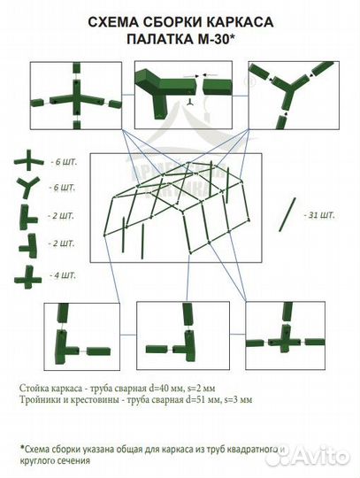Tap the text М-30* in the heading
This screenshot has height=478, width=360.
click(x=220, y=40)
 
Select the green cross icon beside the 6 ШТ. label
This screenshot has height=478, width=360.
click(x=27, y=160)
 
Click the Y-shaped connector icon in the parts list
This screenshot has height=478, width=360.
click(x=27, y=188)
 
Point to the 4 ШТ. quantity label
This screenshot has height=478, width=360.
click(x=63, y=275)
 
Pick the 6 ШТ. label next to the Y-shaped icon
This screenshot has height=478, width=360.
click(x=63, y=189)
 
